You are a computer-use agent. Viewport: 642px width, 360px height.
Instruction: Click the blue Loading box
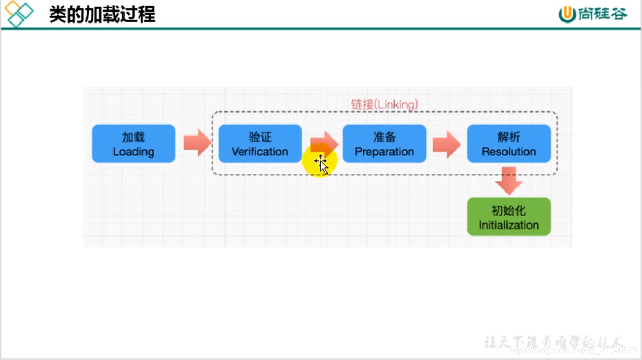[x=133, y=143]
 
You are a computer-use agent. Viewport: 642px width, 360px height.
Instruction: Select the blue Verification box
[x=260, y=143]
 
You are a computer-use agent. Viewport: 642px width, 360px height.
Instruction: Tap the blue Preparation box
[x=384, y=143]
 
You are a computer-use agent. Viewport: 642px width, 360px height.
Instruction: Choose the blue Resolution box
[x=509, y=143]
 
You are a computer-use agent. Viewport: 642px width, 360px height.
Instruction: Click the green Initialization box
[x=509, y=217]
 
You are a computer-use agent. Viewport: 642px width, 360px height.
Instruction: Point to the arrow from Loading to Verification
[x=197, y=143]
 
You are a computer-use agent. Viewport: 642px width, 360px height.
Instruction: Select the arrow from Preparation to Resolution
[x=446, y=144]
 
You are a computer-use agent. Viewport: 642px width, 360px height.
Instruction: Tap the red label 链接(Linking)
[x=385, y=104]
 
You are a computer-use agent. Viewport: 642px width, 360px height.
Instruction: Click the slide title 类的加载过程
[x=102, y=14]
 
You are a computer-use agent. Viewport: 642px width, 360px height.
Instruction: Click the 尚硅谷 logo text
[x=602, y=14]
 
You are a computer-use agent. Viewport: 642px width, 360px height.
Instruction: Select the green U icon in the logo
[x=567, y=15]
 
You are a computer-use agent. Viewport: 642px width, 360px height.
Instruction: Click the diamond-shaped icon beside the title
[x=18, y=14]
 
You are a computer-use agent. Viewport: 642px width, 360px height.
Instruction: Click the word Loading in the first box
[x=133, y=152]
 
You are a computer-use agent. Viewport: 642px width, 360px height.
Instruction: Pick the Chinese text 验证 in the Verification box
[x=260, y=137]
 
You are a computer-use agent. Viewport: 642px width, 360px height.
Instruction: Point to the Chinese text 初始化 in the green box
[x=509, y=210]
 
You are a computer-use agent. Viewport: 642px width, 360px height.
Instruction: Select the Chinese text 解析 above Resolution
[x=509, y=137]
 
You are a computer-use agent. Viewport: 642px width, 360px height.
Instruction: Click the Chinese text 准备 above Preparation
[x=384, y=137]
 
